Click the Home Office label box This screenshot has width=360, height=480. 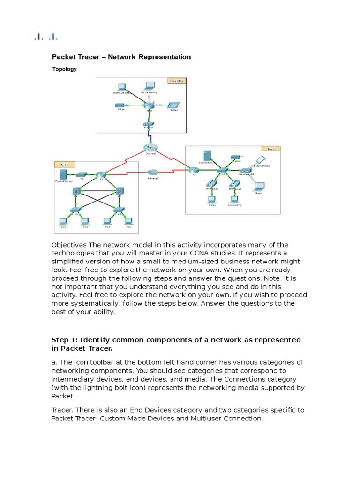point(176,81)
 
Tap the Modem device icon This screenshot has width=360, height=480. point(149,125)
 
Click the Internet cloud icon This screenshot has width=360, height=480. point(150,148)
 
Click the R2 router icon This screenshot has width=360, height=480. point(100,175)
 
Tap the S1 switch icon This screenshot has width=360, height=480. point(74,209)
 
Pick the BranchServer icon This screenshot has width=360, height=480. point(207,156)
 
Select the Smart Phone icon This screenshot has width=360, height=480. point(259,160)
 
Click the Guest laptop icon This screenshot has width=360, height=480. point(258,186)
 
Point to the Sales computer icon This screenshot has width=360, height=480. point(212,199)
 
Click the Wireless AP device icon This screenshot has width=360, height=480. point(245,172)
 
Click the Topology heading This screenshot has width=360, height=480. point(64,69)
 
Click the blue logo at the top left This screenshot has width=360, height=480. point(46,37)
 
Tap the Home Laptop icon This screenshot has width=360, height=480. point(149,86)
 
